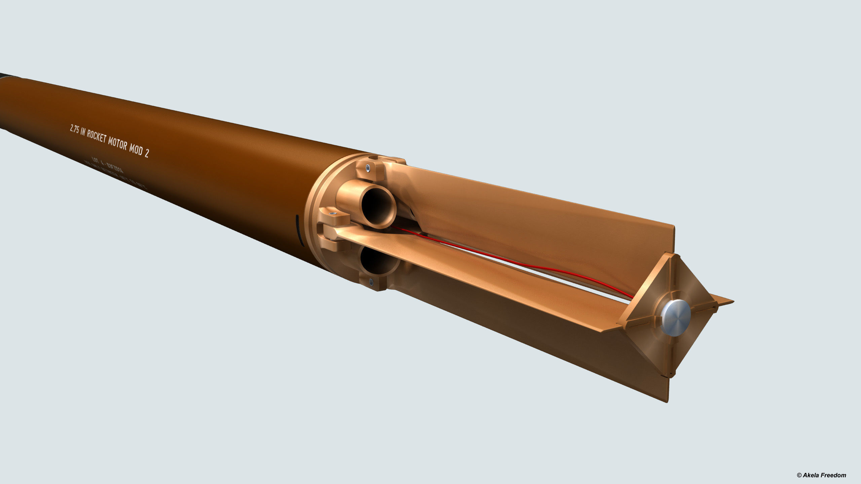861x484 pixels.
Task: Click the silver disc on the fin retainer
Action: click(x=675, y=318)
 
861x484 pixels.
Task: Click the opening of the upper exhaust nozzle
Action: click(x=378, y=208)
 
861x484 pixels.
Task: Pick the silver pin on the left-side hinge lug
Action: click(x=333, y=213)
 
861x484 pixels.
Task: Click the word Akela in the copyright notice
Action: click(x=811, y=475)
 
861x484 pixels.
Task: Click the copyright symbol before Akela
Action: click(x=799, y=475)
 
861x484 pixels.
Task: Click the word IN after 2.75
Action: click(x=83, y=132)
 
